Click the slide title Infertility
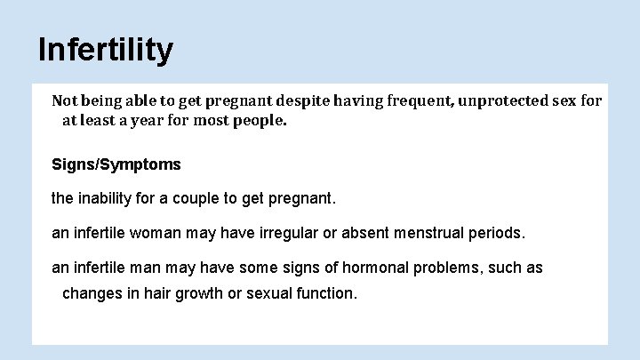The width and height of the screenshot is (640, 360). [x=105, y=50]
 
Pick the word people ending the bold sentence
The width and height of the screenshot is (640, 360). [x=258, y=120]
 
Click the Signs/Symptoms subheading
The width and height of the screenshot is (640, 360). [x=116, y=164]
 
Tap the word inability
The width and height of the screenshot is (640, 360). [x=109, y=199]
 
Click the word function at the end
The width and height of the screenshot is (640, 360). [x=327, y=292]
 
